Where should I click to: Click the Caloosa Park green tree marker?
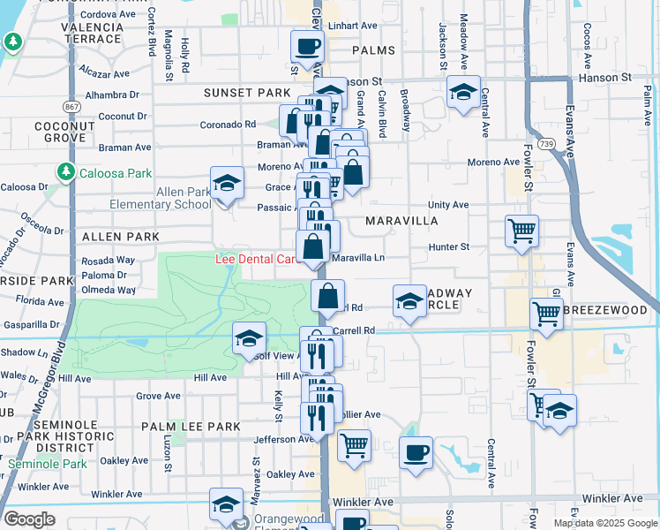coord(64,170)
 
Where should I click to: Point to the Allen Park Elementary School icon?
coord(227,183)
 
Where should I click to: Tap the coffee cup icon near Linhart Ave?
coord(307,46)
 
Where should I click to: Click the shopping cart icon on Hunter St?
coord(521,231)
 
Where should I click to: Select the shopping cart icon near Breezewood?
coord(547,313)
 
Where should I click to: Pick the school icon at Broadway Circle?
coord(409,301)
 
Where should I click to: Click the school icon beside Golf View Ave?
coord(249,338)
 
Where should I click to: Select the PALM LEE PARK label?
coord(191,427)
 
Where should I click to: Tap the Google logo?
coord(30,519)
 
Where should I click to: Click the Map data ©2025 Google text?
coord(605,523)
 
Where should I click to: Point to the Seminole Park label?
coord(48,464)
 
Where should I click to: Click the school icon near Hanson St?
coord(462,92)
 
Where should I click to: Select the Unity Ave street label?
coord(448,204)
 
